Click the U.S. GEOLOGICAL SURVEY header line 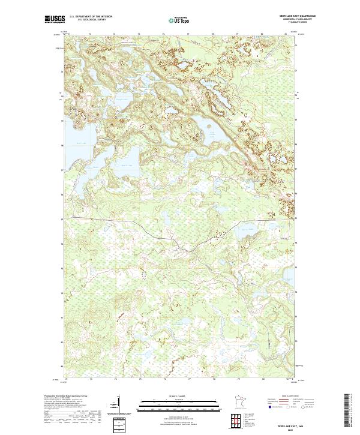91,21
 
